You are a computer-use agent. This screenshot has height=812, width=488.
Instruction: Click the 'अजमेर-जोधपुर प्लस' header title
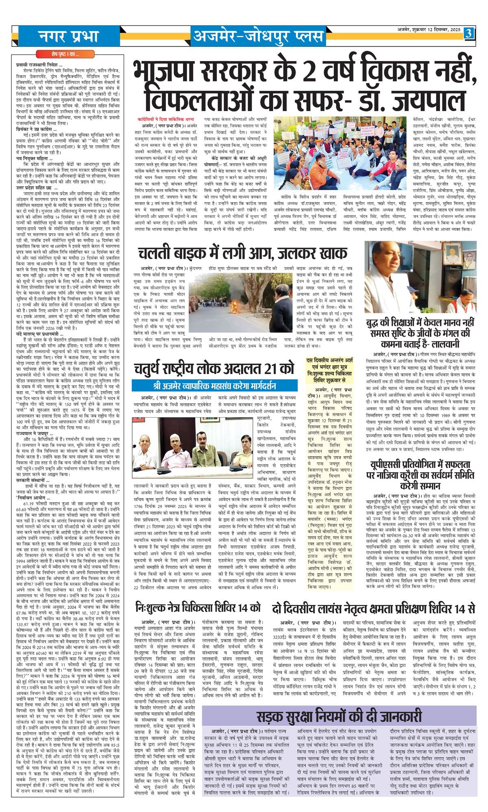258,37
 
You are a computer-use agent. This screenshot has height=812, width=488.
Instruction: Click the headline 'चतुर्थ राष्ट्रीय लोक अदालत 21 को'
214,368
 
